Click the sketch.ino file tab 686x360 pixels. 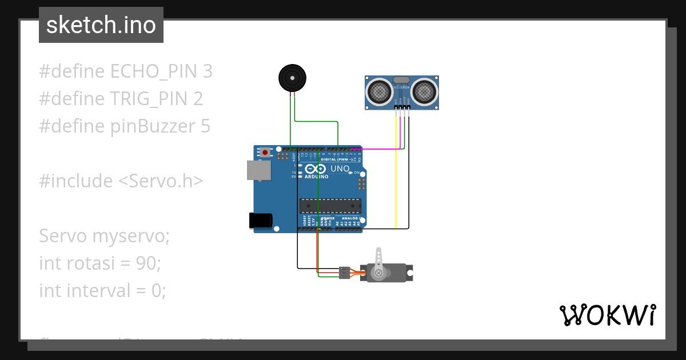pos(101,25)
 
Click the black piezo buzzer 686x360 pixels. pos(292,78)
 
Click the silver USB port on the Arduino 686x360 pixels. pos(258,170)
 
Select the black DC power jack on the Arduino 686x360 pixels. pos(261,221)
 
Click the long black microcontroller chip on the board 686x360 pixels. pos(330,206)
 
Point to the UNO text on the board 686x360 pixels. pos(340,169)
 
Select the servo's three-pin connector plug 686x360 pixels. pos(344,273)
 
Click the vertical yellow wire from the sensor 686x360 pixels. pos(396,171)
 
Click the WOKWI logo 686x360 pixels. pos(607,315)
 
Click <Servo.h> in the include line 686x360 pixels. pos(161,181)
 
